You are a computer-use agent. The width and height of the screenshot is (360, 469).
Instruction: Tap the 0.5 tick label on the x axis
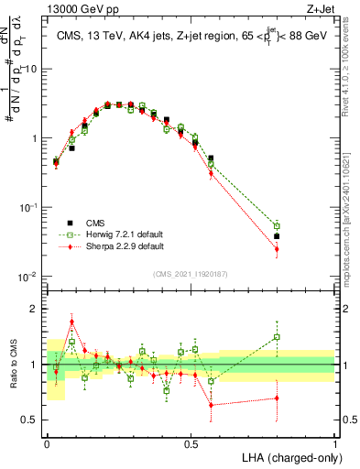[191, 442]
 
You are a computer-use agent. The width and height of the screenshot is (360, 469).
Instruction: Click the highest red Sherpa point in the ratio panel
[72, 322]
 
